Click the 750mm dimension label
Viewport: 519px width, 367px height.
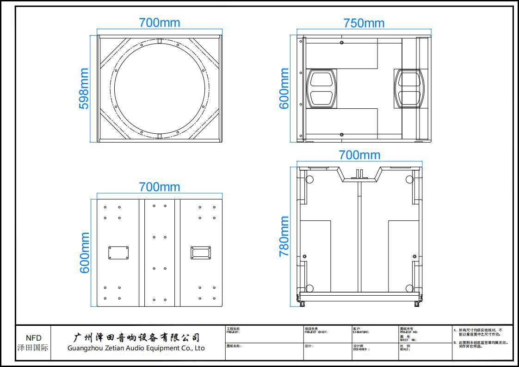click(x=364, y=23)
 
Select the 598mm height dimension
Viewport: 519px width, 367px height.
click(x=84, y=88)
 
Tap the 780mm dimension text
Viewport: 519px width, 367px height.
click(x=284, y=236)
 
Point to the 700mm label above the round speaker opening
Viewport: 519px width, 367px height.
click(x=160, y=22)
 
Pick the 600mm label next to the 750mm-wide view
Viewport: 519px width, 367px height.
click(x=284, y=88)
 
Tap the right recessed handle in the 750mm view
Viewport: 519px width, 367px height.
click(x=409, y=89)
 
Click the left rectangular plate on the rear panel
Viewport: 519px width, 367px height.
click(x=118, y=253)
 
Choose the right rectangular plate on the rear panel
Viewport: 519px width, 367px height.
click(x=201, y=253)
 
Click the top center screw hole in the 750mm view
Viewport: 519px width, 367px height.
click(x=341, y=43)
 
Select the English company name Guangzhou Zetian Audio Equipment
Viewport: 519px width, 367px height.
click(x=136, y=348)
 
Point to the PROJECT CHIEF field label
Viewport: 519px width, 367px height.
click(x=316, y=332)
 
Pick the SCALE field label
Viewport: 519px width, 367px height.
click(x=405, y=349)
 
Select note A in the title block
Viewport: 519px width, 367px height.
click(x=480, y=332)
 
